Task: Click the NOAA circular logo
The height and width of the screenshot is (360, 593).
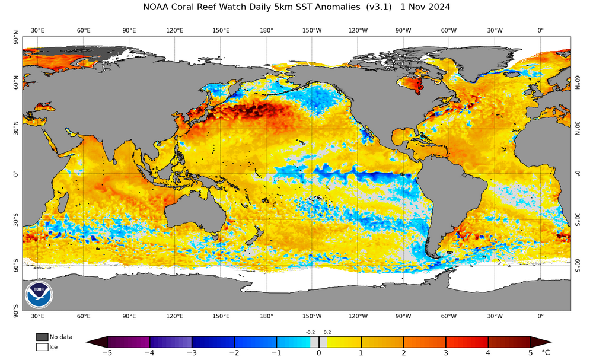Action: pyautogui.click(x=39, y=294)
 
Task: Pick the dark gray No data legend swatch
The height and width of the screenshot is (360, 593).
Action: pyautogui.click(x=42, y=337)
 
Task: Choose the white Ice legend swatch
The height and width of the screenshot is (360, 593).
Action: pyautogui.click(x=42, y=347)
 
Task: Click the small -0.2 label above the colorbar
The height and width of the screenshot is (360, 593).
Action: pyautogui.click(x=310, y=333)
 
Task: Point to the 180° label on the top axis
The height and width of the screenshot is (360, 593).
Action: pyautogui.click(x=266, y=30)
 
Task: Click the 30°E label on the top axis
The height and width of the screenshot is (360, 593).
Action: pyautogui.click(x=37, y=30)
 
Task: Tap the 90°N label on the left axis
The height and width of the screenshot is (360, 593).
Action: pyautogui.click(x=16, y=40)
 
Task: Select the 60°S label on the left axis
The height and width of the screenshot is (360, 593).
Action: pyautogui.click(x=16, y=269)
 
